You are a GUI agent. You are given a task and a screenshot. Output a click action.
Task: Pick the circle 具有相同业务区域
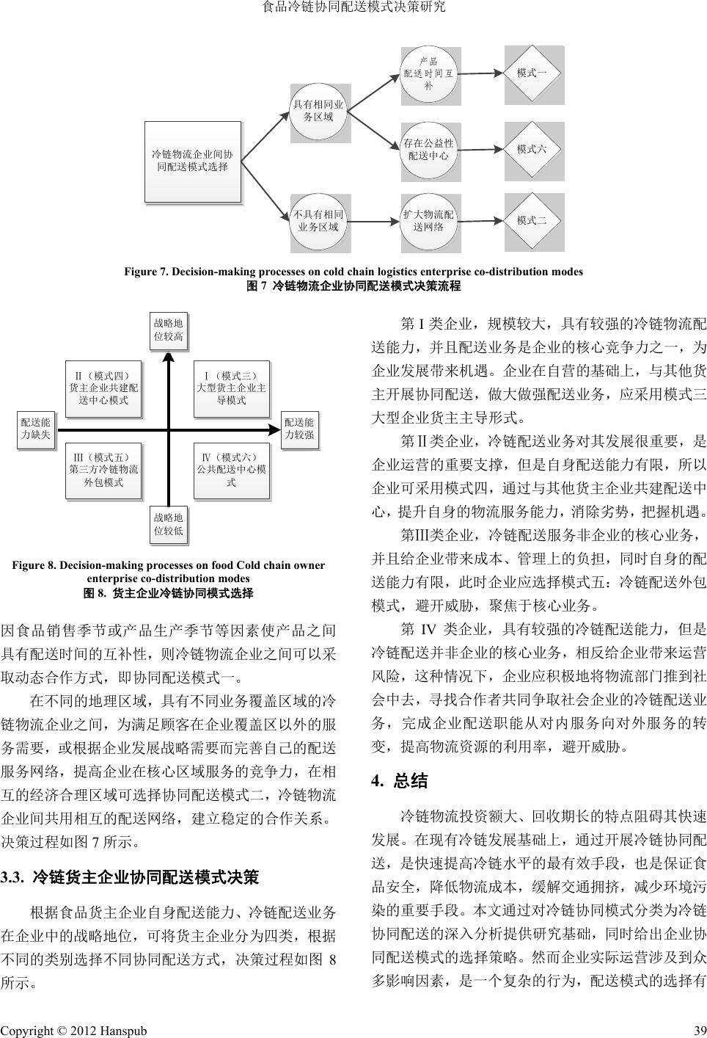[318, 112]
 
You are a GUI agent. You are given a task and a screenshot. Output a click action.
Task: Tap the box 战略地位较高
[168, 330]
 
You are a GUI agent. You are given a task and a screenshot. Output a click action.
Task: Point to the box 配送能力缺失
[35, 429]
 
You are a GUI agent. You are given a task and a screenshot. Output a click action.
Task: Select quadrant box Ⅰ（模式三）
[231, 388]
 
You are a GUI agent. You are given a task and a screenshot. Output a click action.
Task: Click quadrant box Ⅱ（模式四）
[103, 388]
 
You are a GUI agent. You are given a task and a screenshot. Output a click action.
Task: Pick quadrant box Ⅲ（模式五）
[103, 471]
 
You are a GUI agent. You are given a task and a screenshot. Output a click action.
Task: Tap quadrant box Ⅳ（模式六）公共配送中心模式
[231, 471]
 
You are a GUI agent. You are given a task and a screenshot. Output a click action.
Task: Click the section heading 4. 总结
[400, 781]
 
